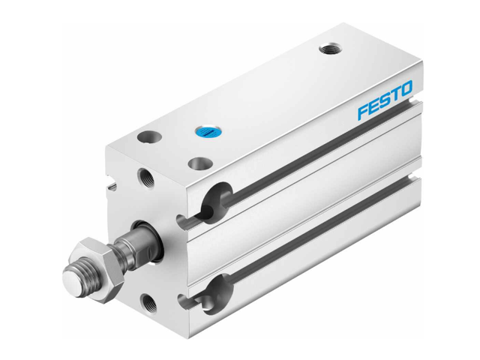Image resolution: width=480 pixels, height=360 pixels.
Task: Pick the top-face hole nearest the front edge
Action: coord(199,163)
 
